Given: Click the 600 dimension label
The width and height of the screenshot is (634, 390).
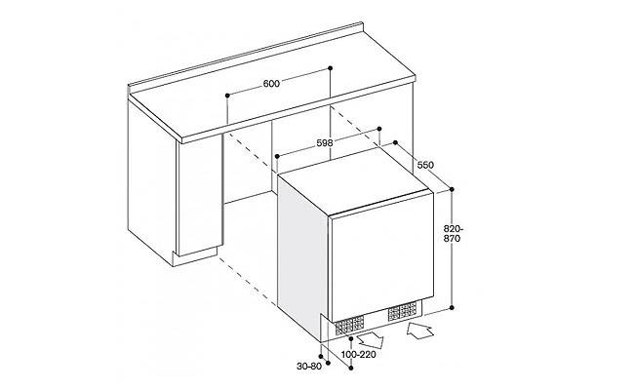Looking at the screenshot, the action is click(271, 84).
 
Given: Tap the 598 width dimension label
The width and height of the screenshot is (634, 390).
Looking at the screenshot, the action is click(324, 142).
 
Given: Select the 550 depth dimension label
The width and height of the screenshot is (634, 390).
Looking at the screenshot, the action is click(425, 165).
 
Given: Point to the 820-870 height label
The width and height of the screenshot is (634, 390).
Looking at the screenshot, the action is click(452, 234).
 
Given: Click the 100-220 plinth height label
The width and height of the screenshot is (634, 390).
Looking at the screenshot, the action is click(359, 355).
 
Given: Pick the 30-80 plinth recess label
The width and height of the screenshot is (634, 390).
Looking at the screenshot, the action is click(309, 367).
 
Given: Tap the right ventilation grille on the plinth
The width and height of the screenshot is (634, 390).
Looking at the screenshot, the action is click(402, 311).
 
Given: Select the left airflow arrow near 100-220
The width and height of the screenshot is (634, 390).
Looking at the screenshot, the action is click(371, 339).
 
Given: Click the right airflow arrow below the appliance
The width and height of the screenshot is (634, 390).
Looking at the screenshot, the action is click(420, 331).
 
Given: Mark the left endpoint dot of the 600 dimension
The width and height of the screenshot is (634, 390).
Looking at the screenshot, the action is click(227, 96).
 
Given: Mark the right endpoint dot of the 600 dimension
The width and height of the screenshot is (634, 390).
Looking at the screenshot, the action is click(331, 68).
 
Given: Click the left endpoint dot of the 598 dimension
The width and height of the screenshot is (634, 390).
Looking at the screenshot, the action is click(277, 156).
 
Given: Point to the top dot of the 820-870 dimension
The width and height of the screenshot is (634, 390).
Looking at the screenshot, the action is click(452, 189).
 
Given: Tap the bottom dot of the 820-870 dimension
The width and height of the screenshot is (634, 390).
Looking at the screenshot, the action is click(452, 307).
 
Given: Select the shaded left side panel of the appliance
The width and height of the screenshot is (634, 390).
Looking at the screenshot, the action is click(302, 254).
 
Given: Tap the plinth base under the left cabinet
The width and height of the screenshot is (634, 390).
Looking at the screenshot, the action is click(195, 257).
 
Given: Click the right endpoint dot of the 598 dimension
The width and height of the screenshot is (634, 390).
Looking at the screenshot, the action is click(379, 129).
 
